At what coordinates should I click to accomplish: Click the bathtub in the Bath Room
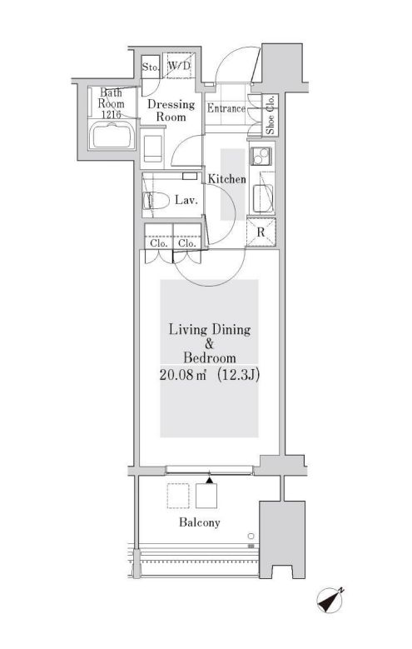click(111, 134)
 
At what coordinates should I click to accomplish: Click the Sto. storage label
click(150, 66)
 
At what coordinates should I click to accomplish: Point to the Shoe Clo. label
click(271, 116)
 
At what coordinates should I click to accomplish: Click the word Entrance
click(226, 109)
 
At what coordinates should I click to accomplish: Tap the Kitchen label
click(226, 179)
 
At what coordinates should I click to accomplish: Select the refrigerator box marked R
click(261, 232)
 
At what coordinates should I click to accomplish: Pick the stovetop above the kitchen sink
click(260, 156)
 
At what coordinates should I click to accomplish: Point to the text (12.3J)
click(240, 374)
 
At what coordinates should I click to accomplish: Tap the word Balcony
click(198, 522)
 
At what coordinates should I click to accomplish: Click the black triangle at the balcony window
click(210, 480)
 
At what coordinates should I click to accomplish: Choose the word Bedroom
click(210, 357)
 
